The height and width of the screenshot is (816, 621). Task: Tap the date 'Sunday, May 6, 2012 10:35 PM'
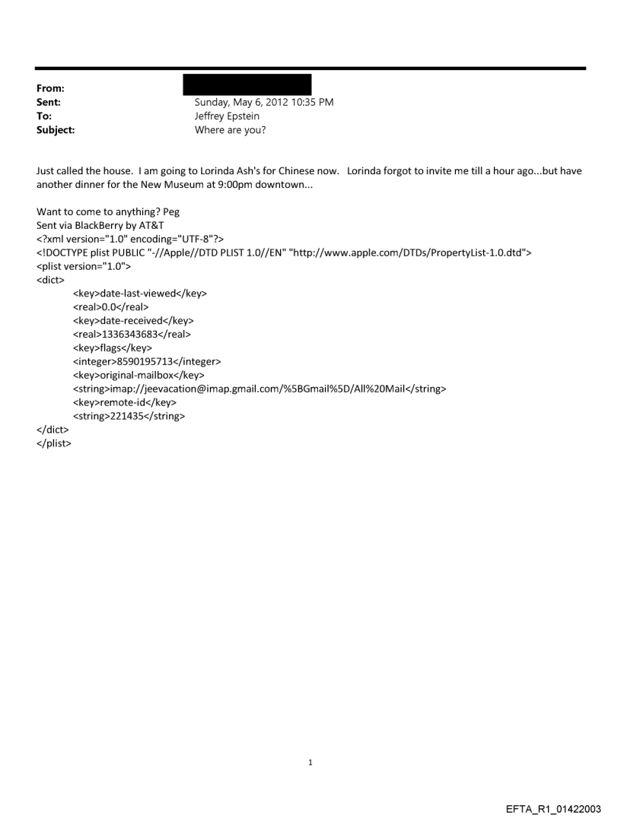264,103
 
